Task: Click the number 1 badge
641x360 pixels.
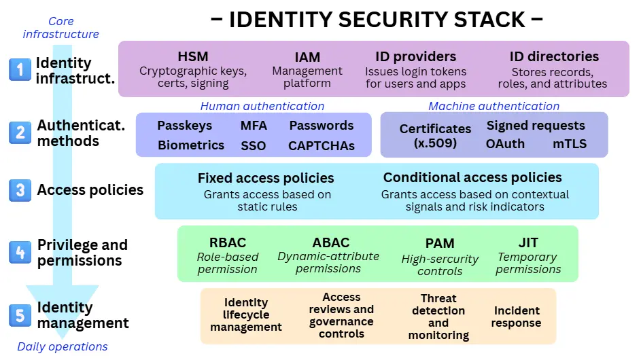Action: [20, 69]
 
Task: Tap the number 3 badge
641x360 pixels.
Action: [20, 190]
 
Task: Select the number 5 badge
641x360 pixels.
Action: [20, 315]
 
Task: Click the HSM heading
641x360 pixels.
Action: [193, 56]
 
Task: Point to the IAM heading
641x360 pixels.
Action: [307, 57]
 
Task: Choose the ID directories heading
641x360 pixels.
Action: [554, 56]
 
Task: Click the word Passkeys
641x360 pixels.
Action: [184, 126]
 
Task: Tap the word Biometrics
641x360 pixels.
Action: [191, 145]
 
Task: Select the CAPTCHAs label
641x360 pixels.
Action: [321, 145]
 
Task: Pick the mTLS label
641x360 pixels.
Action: [570, 144]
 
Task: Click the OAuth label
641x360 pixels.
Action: [505, 144]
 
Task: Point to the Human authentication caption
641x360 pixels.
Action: [262, 106]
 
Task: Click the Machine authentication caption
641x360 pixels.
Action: [493, 106]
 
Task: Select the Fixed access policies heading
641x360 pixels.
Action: [266, 178]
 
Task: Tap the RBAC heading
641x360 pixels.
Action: [228, 242]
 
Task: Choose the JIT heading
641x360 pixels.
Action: [528, 242]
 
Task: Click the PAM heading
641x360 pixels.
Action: [440, 243]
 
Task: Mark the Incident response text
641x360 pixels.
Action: [516, 317]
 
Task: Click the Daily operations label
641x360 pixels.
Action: [63, 346]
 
